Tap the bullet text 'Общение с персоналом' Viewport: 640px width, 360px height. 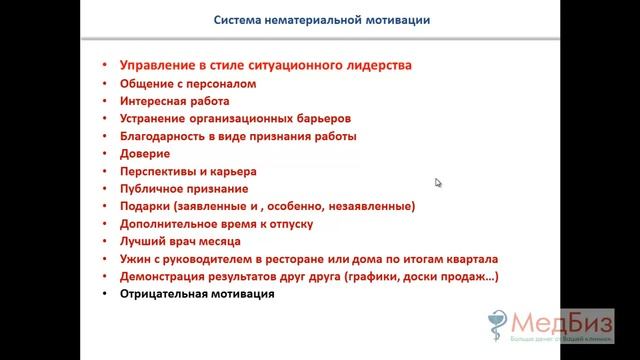[187, 84]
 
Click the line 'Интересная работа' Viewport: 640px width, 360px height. [174, 101]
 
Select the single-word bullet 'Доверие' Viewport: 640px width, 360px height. [144, 154]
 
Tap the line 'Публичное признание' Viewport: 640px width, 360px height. [184, 189]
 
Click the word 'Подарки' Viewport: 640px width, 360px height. [145, 206]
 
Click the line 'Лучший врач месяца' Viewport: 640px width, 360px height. [180, 241]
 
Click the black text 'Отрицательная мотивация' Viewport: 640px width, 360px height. [196, 295]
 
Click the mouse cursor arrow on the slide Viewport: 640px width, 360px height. [438, 182]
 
